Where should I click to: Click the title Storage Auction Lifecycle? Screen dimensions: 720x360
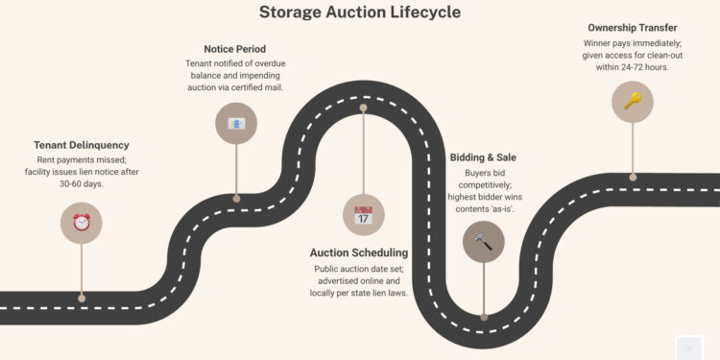(360, 12)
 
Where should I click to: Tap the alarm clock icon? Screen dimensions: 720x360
(81, 222)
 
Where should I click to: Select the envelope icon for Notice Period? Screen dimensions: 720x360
(236, 123)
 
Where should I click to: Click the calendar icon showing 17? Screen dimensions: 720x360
(363, 214)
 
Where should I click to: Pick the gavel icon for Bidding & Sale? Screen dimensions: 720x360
(483, 241)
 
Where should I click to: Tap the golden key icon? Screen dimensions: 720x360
(632, 101)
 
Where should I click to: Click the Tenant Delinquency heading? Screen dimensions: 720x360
(81, 146)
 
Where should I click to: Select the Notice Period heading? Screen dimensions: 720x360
(236, 49)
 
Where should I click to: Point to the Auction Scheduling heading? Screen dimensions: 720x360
(359, 252)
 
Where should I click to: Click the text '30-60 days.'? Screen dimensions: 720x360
(81, 183)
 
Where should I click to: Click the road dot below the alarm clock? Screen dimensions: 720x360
(81, 299)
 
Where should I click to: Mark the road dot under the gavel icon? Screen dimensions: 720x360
(483, 316)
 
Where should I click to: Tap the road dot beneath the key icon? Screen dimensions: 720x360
(632, 177)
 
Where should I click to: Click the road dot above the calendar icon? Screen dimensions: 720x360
(363, 108)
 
